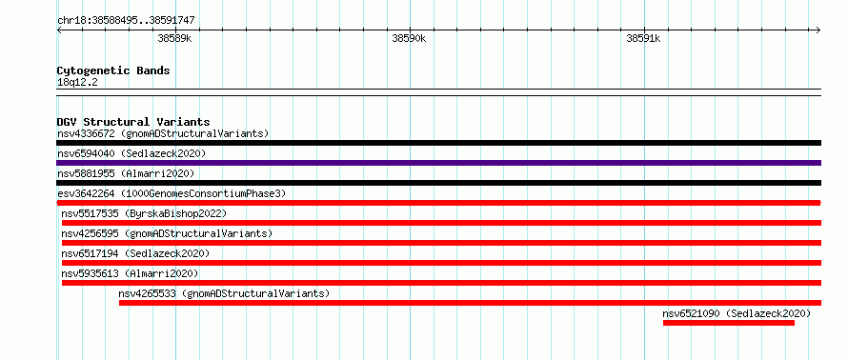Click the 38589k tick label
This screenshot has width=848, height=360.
point(174,39)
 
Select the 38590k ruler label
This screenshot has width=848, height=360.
point(409,39)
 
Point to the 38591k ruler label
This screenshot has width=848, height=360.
point(643,39)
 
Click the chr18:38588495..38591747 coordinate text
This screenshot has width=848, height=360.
point(126,21)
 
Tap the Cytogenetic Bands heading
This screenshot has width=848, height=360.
point(113,70)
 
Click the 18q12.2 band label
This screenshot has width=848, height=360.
point(77,83)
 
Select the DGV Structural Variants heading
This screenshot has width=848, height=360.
point(133,122)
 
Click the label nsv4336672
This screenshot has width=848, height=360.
point(86,133)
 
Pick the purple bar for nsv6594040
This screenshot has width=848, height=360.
point(438,163)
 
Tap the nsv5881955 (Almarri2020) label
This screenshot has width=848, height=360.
point(126,173)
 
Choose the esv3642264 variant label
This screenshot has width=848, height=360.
point(86,193)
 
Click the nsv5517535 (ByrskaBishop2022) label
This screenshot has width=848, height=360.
point(144,213)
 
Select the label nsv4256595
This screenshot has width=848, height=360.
point(90,233)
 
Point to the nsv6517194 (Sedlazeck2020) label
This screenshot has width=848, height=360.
point(135,253)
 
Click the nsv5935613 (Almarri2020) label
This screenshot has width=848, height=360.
point(130,273)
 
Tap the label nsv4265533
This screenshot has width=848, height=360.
point(147,293)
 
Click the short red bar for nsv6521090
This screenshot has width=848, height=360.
point(729,323)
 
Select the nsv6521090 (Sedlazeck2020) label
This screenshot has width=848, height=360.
point(737,313)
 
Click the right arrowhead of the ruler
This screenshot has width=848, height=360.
point(818,30)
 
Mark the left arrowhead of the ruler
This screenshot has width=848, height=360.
point(59,30)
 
